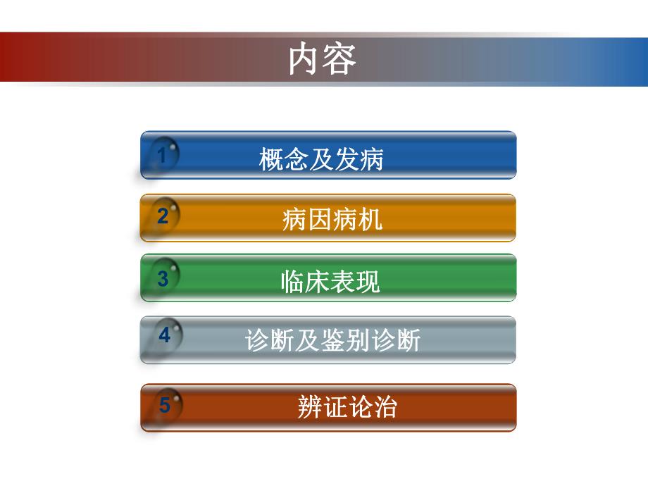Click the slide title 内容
coord(323,60)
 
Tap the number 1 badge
coord(163,155)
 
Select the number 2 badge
coord(163,216)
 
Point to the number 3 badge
coord(163,278)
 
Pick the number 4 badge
coord(164,335)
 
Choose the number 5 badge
coord(165,405)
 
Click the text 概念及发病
coord(321,159)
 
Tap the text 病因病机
coord(332,220)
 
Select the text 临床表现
coord(330,281)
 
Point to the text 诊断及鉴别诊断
coord(332,341)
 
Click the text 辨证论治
coord(347,407)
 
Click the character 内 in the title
coord(305,60)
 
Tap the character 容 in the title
coord(340,60)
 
